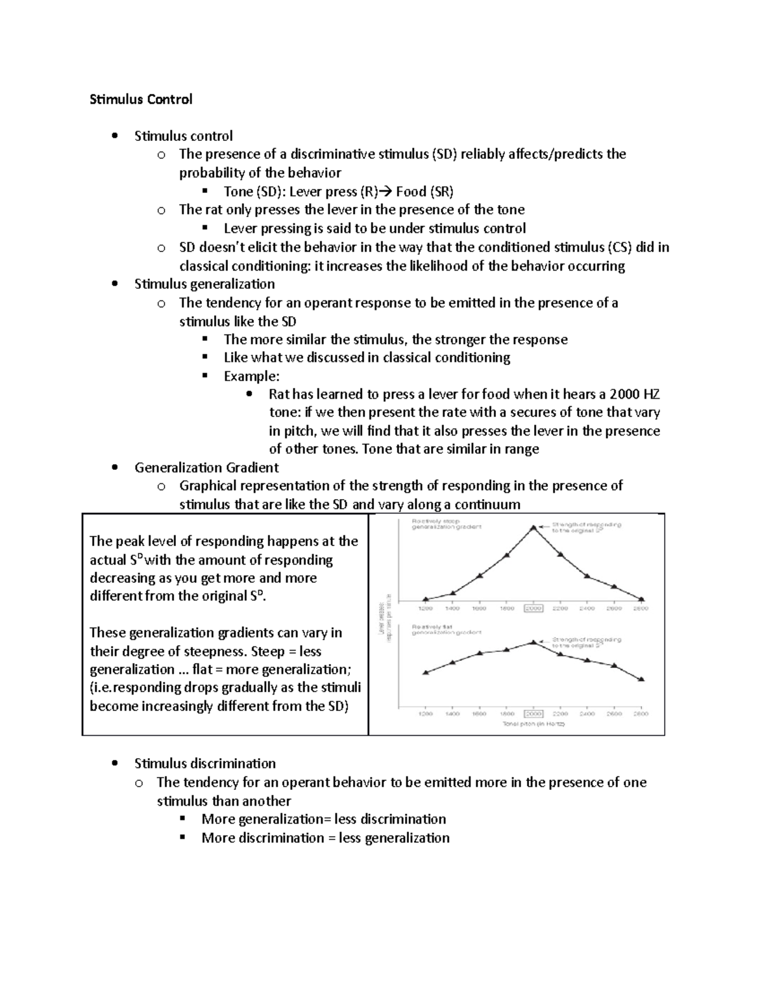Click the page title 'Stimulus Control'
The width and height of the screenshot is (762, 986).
(x=140, y=99)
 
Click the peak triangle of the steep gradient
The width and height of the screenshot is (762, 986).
(x=533, y=527)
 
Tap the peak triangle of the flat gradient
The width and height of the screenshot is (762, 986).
(x=533, y=642)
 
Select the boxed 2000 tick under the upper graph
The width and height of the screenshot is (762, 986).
(x=533, y=608)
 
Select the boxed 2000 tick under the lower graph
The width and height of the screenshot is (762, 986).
(x=533, y=714)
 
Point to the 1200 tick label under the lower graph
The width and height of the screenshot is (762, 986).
(x=425, y=714)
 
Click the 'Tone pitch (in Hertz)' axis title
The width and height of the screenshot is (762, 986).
(x=533, y=724)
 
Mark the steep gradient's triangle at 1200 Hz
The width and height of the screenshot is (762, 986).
(x=425, y=599)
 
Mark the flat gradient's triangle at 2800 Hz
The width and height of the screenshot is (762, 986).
(x=641, y=679)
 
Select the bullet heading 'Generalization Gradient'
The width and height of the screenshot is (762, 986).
(x=206, y=468)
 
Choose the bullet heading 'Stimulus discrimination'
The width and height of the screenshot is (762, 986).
(x=205, y=763)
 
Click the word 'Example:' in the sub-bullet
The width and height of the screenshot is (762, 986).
(x=251, y=376)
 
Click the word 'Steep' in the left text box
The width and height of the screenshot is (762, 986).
(x=269, y=651)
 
